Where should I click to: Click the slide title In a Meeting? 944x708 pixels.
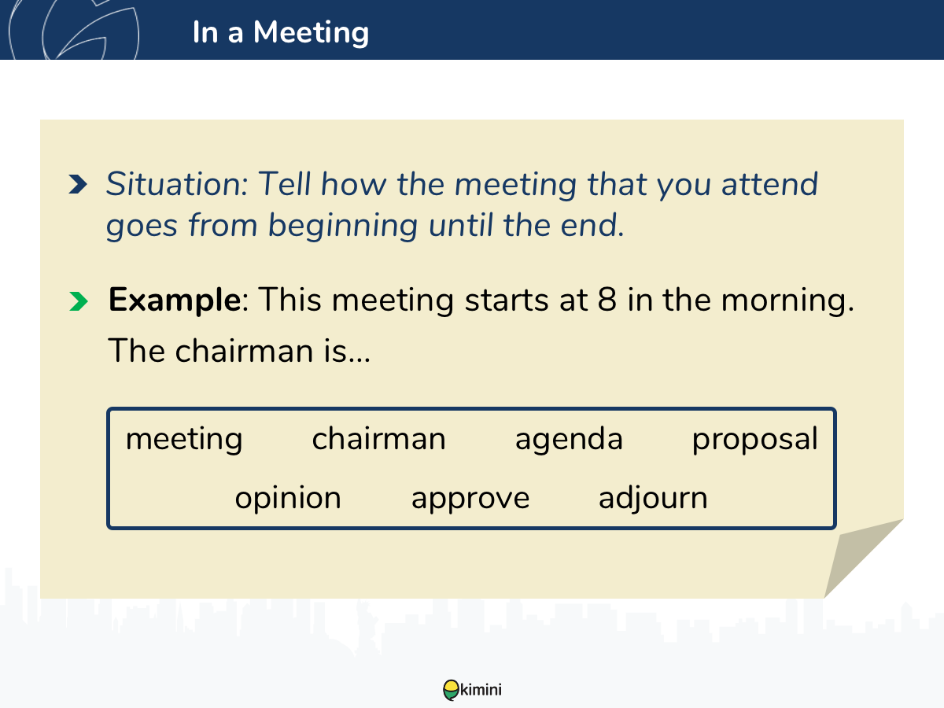[280, 32]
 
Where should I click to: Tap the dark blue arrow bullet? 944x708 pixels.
[78, 184]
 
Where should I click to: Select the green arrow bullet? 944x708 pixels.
[78, 301]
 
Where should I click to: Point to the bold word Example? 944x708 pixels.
[175, 301]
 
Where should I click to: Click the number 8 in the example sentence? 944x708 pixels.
[607, 300]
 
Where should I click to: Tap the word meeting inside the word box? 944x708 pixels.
[184, 439]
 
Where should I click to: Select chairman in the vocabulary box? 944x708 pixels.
[379, 438]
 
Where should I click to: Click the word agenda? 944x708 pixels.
[569, 439]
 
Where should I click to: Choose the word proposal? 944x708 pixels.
[754, 439]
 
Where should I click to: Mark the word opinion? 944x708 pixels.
[288, 498]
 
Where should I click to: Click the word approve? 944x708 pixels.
[470, 500]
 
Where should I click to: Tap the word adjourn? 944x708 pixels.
[653, 498]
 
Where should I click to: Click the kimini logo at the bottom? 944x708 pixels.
[472, 690]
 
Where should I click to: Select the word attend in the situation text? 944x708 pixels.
[769, 185]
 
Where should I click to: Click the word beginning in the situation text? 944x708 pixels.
[343, 226]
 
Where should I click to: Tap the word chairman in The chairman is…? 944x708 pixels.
[244, 351]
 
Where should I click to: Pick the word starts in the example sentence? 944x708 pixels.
[507, 301]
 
